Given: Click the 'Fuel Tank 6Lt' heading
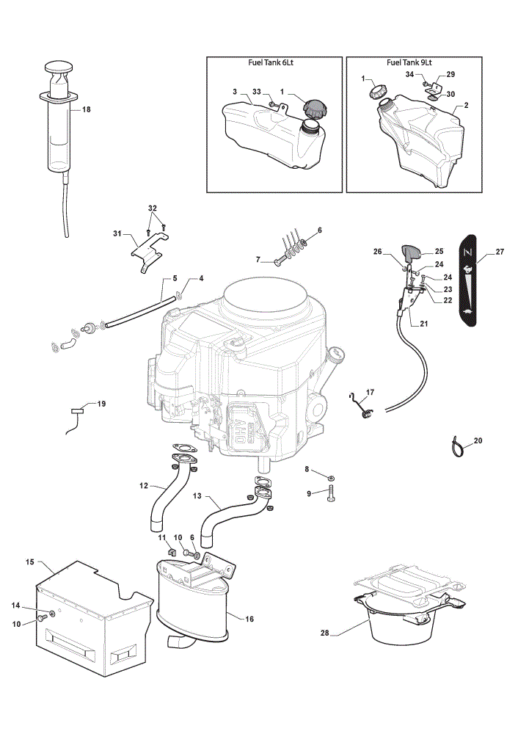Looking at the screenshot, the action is click(271, 62).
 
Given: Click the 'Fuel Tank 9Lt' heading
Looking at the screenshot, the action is click(409, 62).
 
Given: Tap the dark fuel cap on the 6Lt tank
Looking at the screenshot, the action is click(312, 109).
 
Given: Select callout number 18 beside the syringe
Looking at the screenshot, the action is click(86, 109).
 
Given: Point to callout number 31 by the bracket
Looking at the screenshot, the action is click(117, 233).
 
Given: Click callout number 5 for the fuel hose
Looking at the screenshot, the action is click(175, 278).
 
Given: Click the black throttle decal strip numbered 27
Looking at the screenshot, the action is click(467, 280).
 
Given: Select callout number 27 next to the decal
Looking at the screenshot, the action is click(500, 252).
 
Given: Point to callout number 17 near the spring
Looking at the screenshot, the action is click(370, 392).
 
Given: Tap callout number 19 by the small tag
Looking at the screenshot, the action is click(101, 404).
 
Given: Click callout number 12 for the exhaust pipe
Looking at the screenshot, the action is click(144, 486).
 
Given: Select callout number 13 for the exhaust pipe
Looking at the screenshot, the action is click(197, 495).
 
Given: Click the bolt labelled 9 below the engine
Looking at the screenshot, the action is click(330, 493).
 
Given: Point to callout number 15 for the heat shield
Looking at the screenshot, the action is click(30, 562).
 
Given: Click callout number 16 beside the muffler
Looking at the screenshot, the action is click(249, 619).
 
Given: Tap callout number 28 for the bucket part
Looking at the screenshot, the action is click(325, 633).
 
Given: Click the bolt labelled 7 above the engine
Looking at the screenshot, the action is click(280, 261).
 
